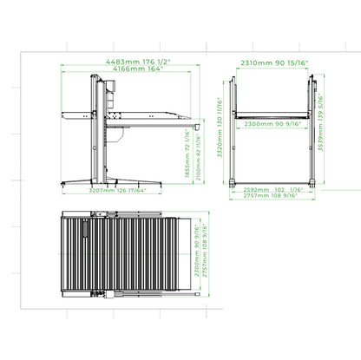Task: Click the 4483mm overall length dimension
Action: (x=124, y=62)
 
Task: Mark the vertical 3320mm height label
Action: (x=221, y=137)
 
